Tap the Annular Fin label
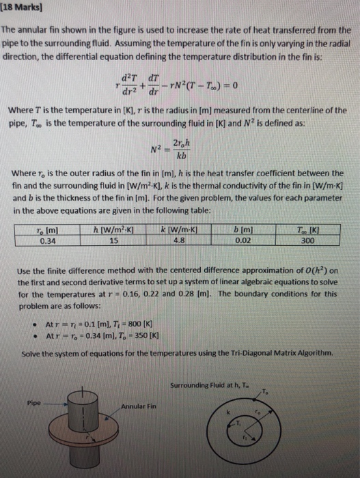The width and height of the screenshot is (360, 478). [x=139, y=408]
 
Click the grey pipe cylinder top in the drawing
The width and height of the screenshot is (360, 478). [x=81, y=395]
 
